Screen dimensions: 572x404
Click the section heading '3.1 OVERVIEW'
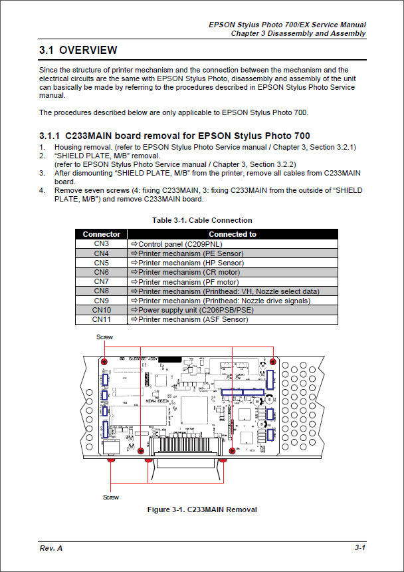click(x=78, y=50)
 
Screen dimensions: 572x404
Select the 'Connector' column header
click(x=101, y=234)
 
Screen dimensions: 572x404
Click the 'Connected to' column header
click(x=232, y=234)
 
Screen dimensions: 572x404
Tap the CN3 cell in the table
click(x=101, y=244)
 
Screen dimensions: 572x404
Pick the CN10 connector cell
click(x=101, y=310)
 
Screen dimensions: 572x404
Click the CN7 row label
click(x=101, y=281)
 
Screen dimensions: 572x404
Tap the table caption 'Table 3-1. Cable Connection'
click(x=202, y=220)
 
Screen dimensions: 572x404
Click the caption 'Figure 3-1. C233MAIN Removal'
click(x=201, y=510)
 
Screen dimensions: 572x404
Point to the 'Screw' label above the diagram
click(x=104, y=337)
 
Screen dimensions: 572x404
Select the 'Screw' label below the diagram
click(x=111, y=497)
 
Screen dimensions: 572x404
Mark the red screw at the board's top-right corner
click(x=272, y=361)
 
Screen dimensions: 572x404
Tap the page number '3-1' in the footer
click(x=360, y=547)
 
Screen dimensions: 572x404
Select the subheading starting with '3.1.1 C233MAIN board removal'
click(x=174, y=136)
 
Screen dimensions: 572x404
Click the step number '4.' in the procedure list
click(x=42, y=190)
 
